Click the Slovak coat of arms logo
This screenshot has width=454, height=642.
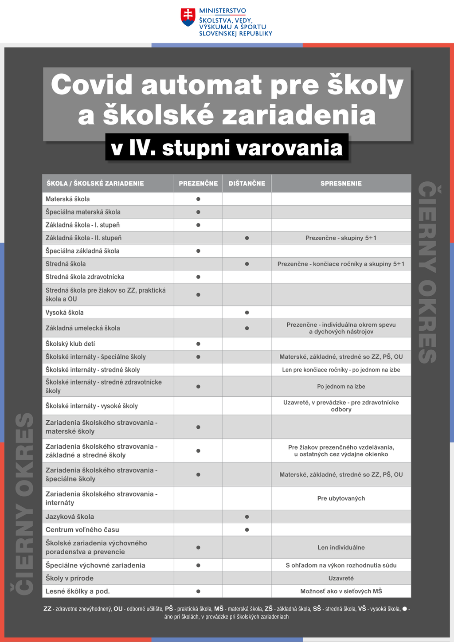(188, 17)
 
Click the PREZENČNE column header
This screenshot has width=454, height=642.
(198, 184)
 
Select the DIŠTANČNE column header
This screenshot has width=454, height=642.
(247, 184)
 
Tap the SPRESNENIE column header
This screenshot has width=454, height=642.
(341, 184)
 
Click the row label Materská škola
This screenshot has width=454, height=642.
(67, 199)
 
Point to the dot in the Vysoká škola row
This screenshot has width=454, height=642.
(247, 313)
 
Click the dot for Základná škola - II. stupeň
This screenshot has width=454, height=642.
(247, 238)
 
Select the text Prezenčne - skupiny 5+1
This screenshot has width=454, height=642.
(341, 238)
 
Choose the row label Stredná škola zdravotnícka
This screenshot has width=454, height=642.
(85, 277)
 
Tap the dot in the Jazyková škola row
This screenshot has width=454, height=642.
(247, 517)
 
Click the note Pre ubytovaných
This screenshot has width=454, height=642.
(341, 498)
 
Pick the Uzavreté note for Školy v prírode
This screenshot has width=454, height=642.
(341, 578)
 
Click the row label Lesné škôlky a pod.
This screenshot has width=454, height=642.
(78, 591)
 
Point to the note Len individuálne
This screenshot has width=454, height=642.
(341, 548)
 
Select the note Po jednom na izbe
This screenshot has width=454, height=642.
(341, 387)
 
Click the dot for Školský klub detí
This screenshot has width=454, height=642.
(198, 344)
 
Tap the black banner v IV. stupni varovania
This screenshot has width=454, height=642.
(227, 148)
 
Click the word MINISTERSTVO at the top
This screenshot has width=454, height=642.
(223, 11)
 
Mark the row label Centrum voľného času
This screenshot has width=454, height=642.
(82, 529)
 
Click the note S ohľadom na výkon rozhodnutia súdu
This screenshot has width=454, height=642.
(341, 565)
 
